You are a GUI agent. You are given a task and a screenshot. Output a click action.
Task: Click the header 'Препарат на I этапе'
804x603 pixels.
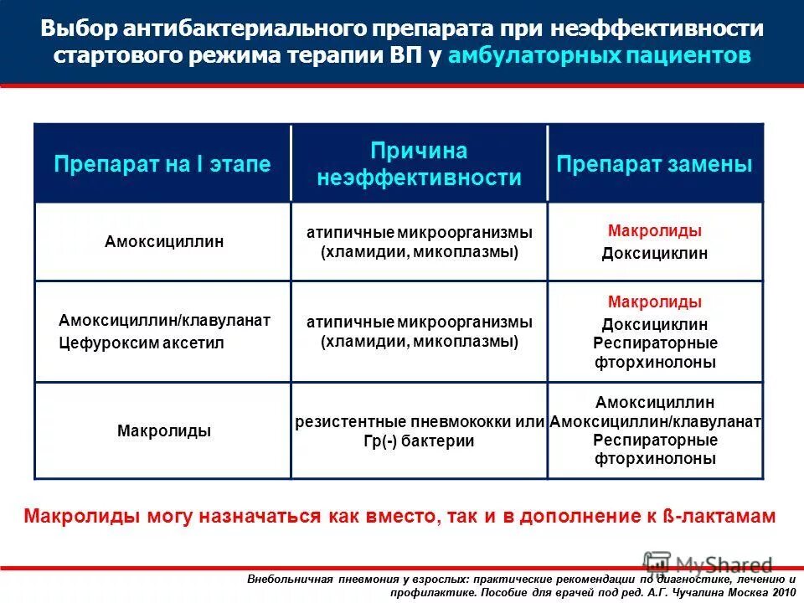(162, 164)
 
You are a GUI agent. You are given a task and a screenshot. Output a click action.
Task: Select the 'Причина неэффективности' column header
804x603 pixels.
(420, 164)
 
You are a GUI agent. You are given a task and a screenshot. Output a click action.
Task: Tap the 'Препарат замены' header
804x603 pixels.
(655, 164)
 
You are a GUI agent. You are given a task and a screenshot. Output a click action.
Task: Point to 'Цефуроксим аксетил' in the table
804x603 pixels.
(142, 343)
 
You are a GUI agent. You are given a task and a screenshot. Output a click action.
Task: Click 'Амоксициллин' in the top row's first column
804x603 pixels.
(164, 242)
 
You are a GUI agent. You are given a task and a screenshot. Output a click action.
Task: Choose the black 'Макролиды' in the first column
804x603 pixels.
(164, 431)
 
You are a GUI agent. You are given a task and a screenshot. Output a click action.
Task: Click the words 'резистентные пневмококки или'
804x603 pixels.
(420, 422)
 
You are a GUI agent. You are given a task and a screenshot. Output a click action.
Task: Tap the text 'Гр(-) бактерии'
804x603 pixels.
(420, 441)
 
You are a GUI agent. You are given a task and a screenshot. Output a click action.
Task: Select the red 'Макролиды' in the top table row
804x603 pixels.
(655, 230)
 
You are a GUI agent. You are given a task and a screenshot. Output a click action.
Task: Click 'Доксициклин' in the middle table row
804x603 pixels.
(655, 324)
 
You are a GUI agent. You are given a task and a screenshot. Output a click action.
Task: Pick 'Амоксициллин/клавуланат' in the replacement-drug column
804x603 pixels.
(655, 422)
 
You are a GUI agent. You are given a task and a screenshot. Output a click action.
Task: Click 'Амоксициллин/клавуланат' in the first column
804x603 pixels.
(164, 321)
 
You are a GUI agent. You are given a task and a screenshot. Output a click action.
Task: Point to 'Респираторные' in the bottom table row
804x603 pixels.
(655, 441)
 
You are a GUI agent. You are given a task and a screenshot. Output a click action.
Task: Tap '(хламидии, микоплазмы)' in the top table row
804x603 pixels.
(420, 251)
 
